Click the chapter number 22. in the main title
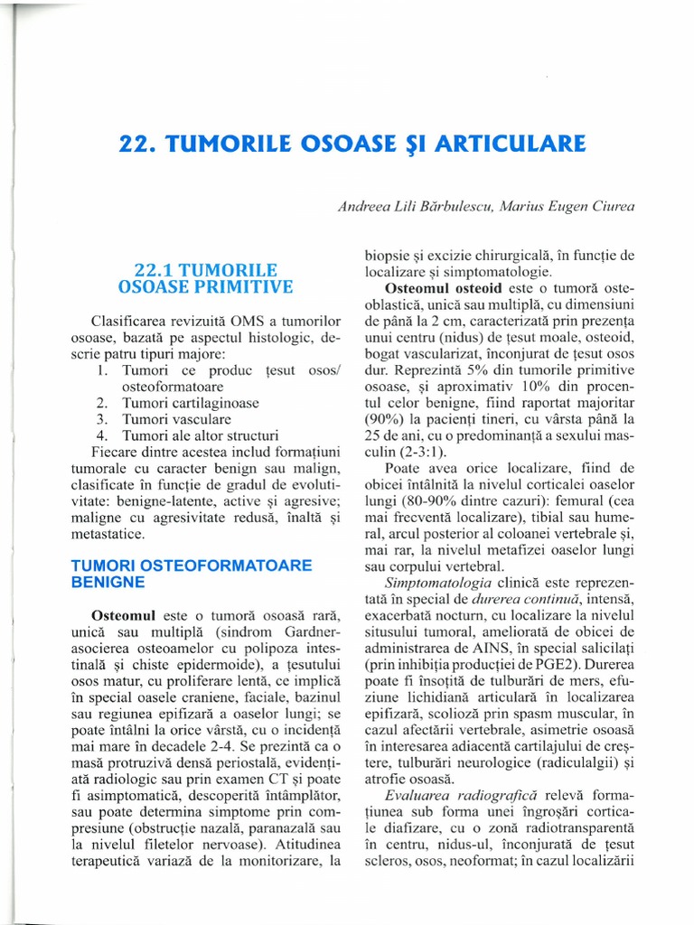point(141,144)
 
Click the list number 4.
point(102,435)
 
